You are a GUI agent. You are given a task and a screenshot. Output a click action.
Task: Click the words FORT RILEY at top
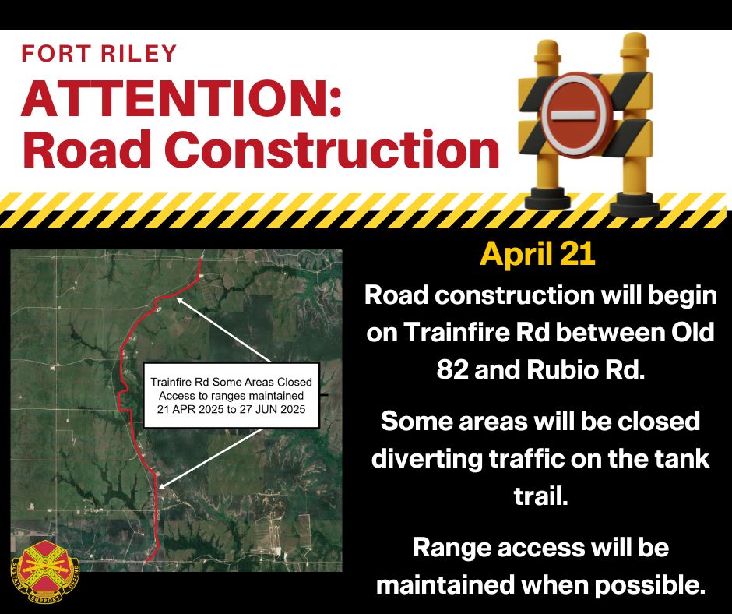click(x=99, y=53)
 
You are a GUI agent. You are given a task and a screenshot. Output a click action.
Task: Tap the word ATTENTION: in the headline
click(x=181, y=99)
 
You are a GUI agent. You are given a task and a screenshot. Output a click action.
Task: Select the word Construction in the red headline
click(x=332, y=149)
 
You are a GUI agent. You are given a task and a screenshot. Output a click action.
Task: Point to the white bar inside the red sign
click(x=572, y=115)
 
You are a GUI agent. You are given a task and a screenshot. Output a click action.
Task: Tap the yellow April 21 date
click(x=538, y=254)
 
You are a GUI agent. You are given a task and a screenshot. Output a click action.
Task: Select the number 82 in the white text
click(x=452, y=369)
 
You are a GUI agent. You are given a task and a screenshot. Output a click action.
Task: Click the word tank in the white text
click(x=687, y=458)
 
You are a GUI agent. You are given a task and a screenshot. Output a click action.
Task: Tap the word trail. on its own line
click(x=540, y=496)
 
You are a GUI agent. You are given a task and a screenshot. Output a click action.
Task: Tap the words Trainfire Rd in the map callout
click(x=180, y=382)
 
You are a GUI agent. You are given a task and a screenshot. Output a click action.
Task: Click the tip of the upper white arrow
click(x=177, y=298)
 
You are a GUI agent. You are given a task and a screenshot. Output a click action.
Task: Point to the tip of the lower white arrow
click(x=159, y=489)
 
